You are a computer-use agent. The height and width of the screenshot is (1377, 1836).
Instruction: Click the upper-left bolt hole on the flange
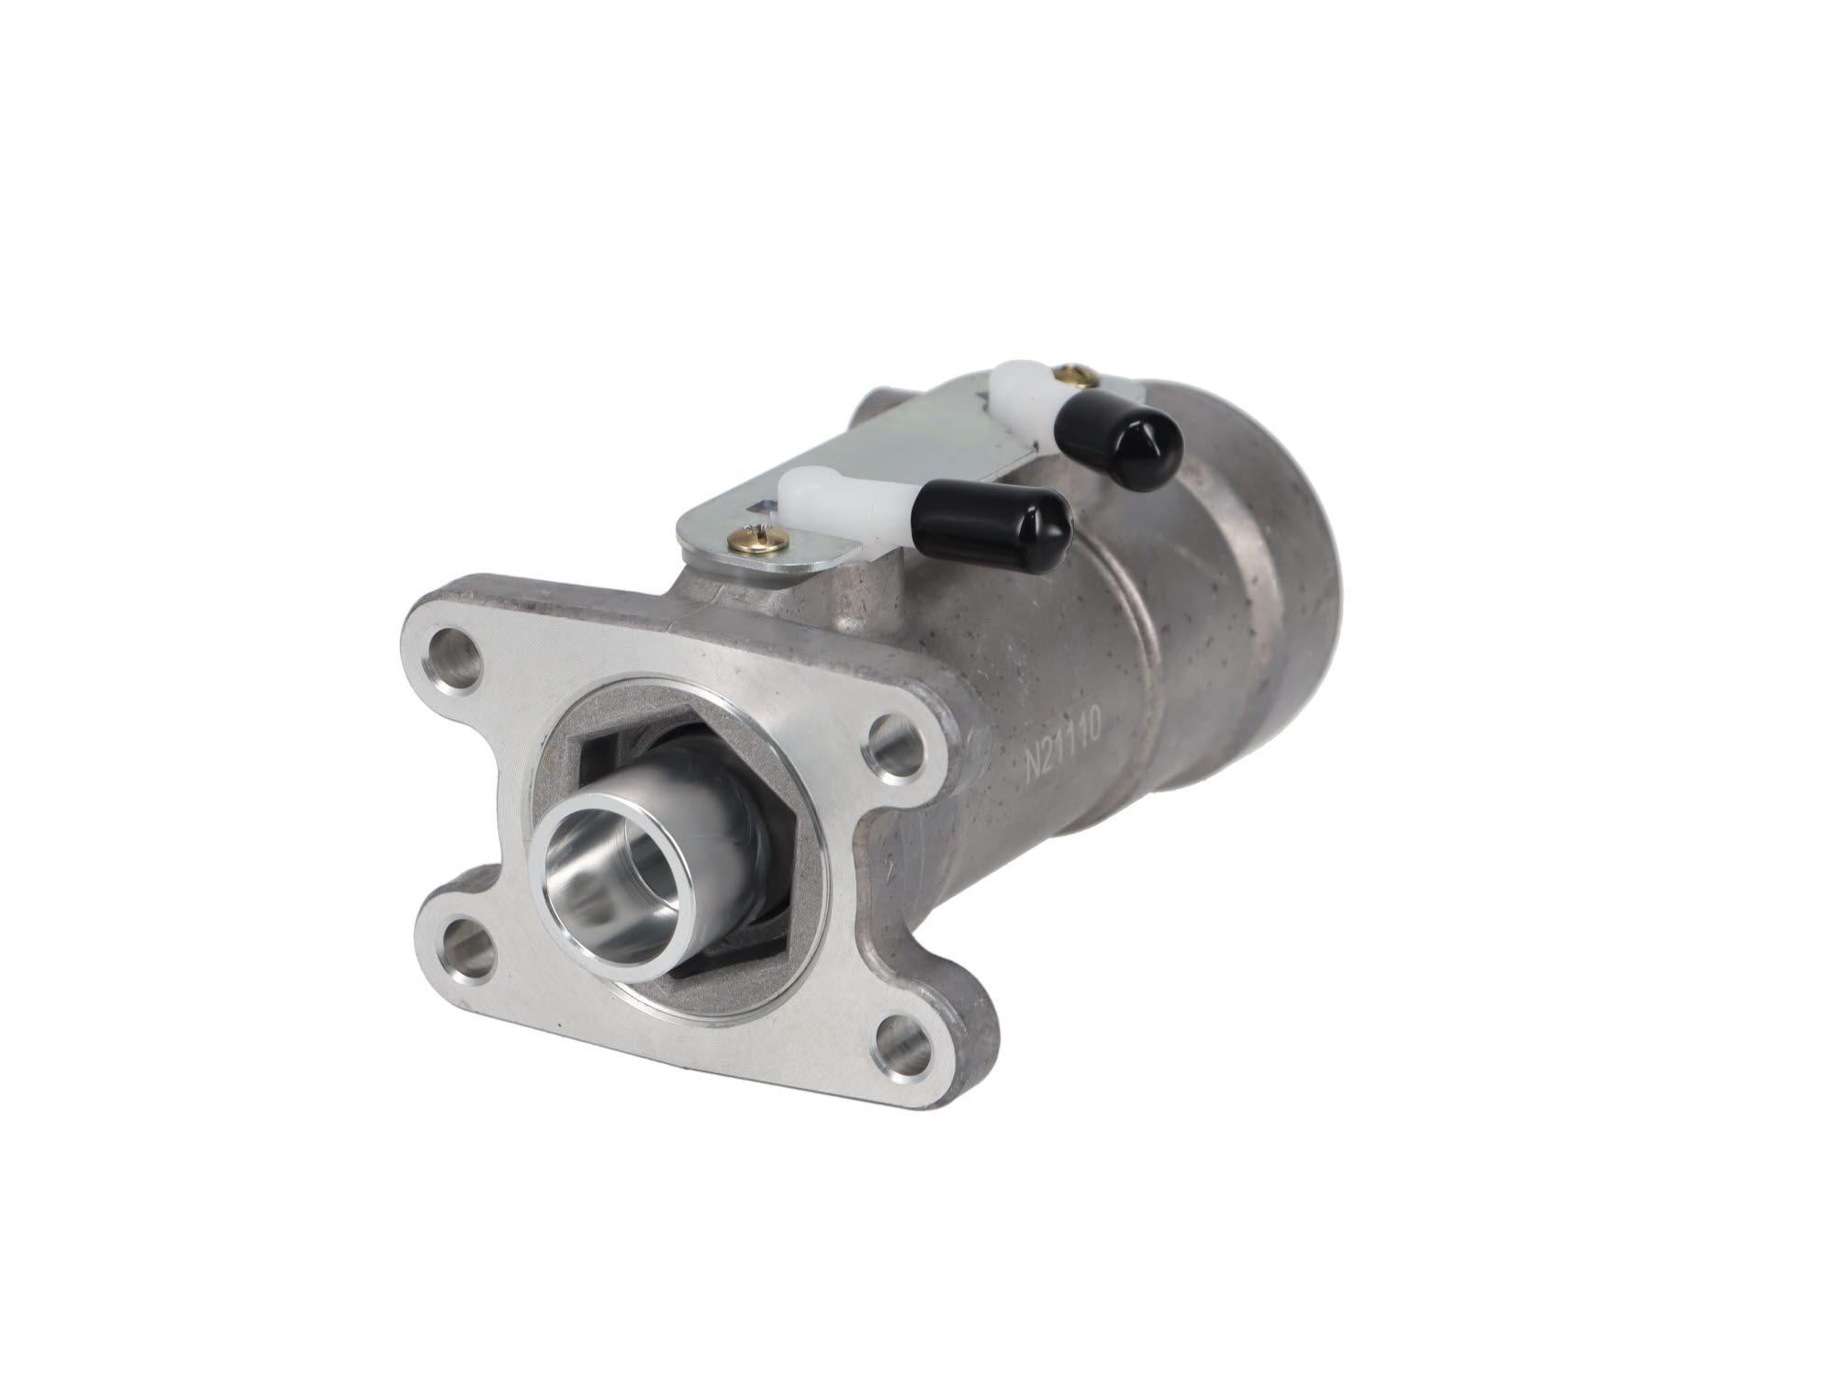(453, 655)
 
